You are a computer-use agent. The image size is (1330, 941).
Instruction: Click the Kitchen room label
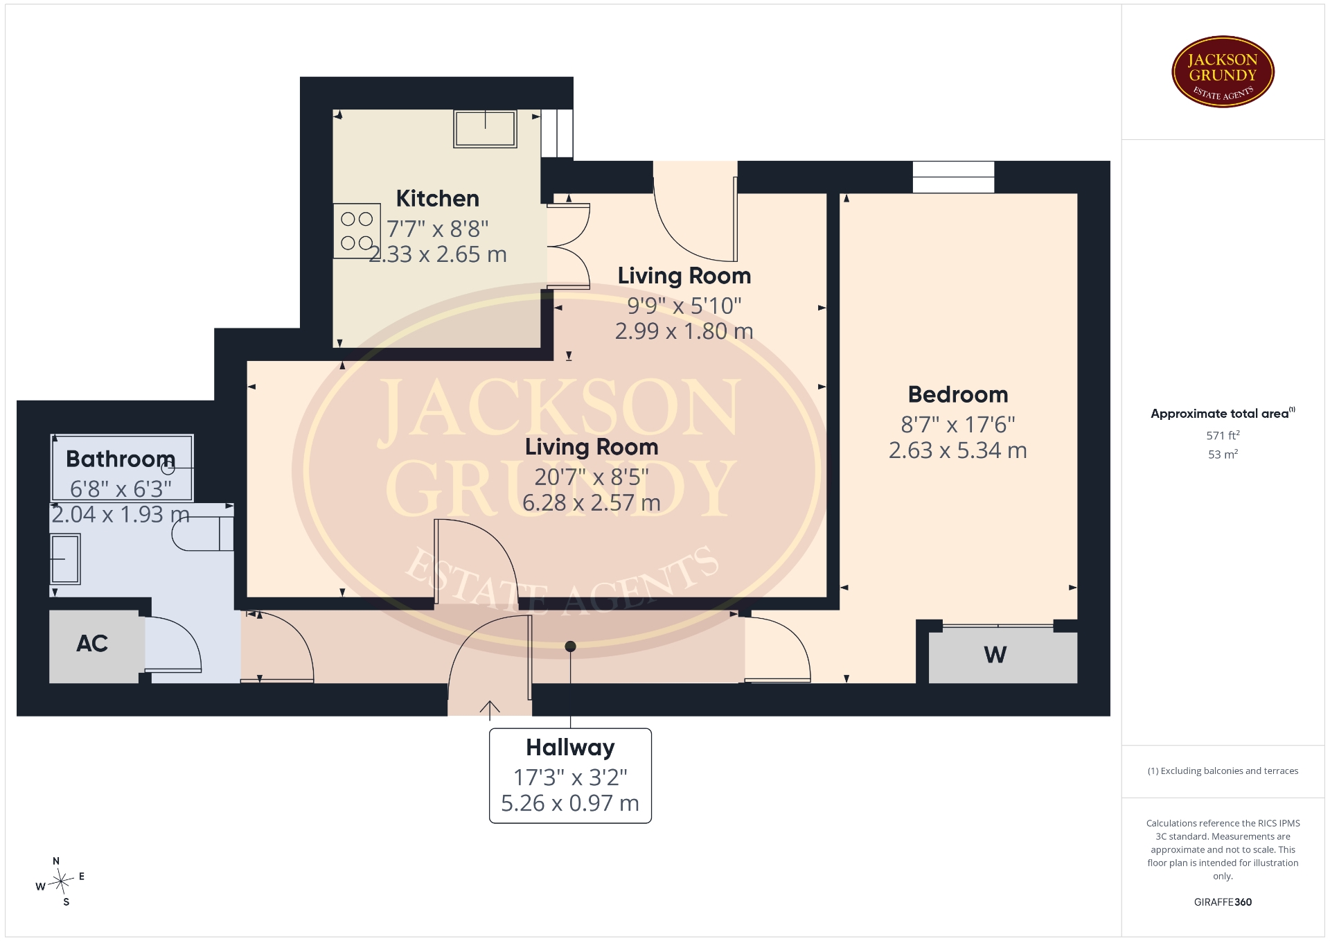click(437, 199)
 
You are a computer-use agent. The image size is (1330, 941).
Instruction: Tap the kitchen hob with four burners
click(357, 231)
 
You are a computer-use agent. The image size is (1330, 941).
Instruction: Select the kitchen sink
click(485, 129)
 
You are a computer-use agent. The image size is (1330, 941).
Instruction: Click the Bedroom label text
click(958, 394)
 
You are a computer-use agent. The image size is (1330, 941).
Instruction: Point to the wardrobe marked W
click(1002, 655)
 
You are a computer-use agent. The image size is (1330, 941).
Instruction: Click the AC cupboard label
click(92, 644)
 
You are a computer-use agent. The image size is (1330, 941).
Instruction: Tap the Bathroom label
click(121, 459)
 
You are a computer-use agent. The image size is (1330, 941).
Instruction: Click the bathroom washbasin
click(66, 559)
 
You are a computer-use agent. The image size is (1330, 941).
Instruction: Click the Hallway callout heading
click(570, 748)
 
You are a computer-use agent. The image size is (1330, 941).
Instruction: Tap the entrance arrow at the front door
click(490, 710)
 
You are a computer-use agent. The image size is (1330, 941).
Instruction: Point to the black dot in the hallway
click(570, 647)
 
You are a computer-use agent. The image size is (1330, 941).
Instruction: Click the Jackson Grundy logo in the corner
click(1223, 72)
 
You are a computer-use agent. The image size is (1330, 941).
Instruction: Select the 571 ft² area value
click(1223, 436)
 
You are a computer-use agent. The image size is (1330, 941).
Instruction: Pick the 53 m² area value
click(1223, 455)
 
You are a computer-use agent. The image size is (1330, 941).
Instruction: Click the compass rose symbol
click(61, 881)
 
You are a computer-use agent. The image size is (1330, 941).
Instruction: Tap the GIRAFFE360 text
click(1223, 902)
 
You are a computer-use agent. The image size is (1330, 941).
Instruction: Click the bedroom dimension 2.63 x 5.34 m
click(958, 450)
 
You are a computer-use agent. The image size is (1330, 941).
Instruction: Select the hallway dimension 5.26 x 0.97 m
click(570, 803)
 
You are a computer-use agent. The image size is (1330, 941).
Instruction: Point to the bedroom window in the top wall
click(953, 177)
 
